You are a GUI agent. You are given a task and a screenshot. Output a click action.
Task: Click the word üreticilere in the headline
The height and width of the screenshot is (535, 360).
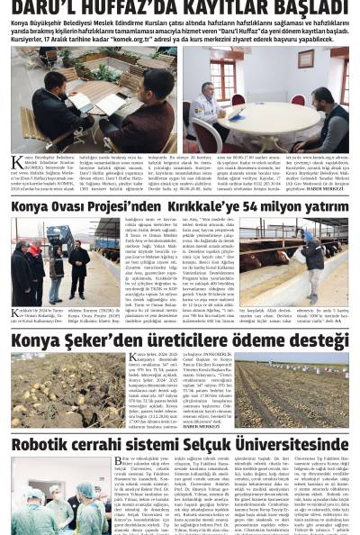pyautogui.click(x=181, y=340)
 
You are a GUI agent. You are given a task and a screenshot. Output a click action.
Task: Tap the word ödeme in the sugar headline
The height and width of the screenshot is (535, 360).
pyautogui.click(x=256, y=340)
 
